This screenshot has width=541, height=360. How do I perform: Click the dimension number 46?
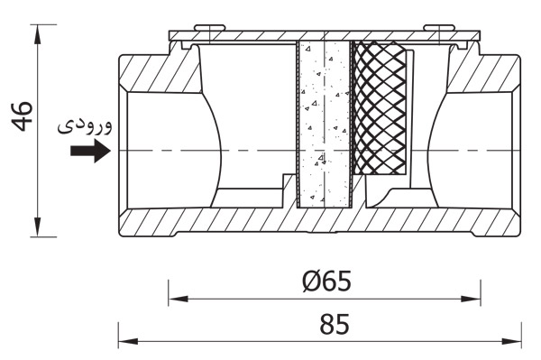pos(23,116)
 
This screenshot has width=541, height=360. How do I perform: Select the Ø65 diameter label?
pos(327,281)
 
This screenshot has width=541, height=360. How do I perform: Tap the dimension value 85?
pos(335,324)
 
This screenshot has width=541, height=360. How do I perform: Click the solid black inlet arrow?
pos(90,151)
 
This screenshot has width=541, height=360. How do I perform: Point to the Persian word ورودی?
pos(85,126)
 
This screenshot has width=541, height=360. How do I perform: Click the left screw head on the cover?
pos(209,28)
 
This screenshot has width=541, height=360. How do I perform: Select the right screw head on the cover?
pos(439,28)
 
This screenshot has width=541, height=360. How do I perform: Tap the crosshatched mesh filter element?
pos(380,107)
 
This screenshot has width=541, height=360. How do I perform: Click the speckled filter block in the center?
pos(324,125)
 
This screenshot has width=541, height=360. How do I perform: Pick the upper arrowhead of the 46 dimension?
pos(38,33)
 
